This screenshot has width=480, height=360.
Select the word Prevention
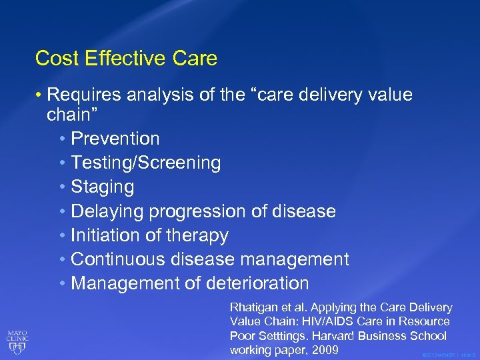click(115, 139)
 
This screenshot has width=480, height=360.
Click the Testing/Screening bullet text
click(145, 163)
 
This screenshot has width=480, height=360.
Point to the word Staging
click(102, 187)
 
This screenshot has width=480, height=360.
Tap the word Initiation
click(103, 235)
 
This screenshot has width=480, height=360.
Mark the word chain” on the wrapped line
click(72, 115)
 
